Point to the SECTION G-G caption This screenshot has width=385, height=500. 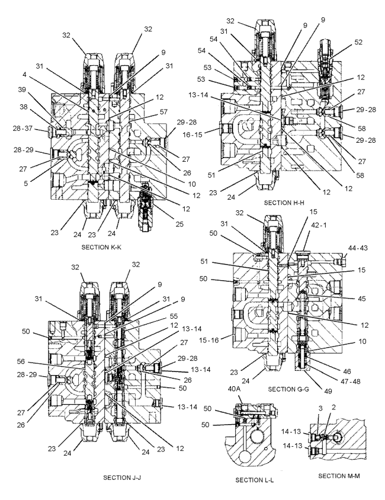289,389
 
